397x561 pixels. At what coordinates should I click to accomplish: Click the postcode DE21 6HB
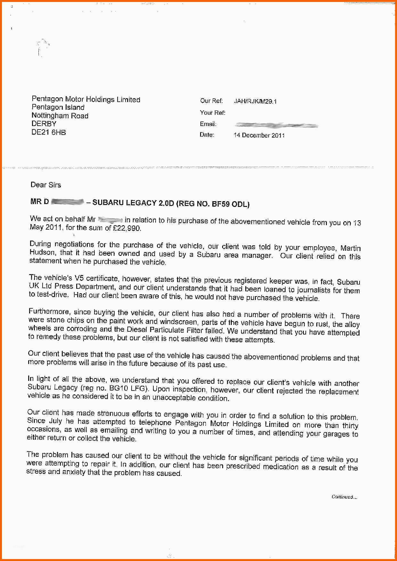(x=49, y=132)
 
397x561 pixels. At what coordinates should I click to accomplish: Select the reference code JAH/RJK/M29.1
(x=255, y=101)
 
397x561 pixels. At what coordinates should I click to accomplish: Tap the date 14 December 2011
(x=259, y=135)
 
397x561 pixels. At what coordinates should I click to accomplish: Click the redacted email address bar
(x=276, y=125)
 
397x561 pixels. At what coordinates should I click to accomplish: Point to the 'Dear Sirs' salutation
(x=45, y=185)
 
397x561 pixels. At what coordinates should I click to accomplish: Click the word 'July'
(x=55, y=421)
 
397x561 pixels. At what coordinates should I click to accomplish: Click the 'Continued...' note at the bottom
(x=344, y=497)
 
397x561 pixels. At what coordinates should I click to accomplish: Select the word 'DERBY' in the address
(x=44, y=124)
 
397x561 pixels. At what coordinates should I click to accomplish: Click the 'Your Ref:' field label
(x=213, y=113)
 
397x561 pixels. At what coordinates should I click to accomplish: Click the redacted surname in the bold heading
(x=68, y=202)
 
